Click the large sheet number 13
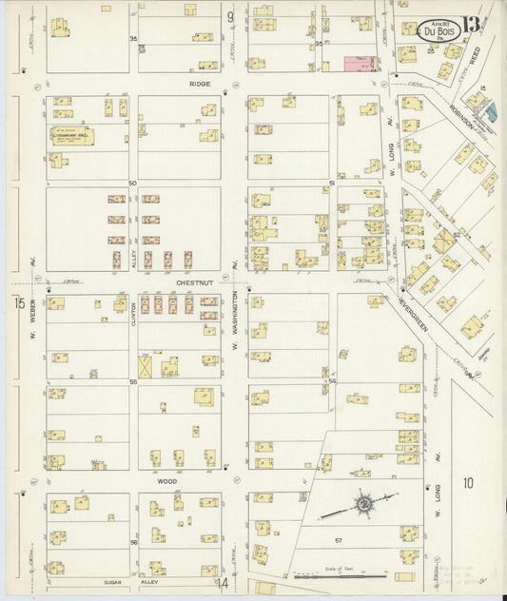coord(474,26)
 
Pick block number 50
coord(132,183)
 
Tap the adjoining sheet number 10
coord(467,483)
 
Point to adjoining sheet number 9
coord(230,17)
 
